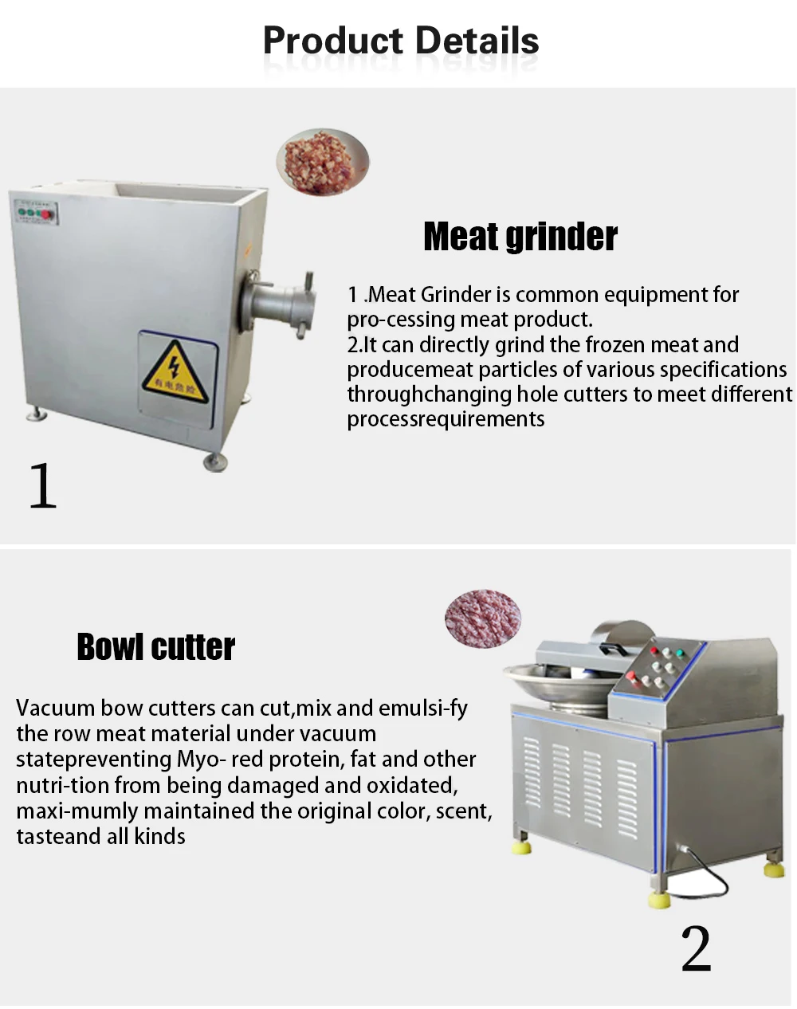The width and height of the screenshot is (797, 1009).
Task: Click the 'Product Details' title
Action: (x=401, y=41)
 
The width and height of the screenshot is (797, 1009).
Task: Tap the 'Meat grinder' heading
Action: (x=520, y=237)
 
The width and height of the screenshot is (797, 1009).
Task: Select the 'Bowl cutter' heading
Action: (x=156, y=646)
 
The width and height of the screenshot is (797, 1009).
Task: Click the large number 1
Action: (x=43, y=485)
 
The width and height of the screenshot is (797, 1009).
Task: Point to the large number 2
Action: (x=696, y=948)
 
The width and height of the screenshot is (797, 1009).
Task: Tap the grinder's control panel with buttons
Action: (x=36, y=213)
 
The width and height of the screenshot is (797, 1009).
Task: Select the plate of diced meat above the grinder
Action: (x=323, y=162)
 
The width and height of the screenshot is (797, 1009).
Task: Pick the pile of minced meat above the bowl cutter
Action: (x=483, y=618)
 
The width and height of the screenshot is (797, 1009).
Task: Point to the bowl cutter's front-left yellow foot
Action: (x=522, y=846)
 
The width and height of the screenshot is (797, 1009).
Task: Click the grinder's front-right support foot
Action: (x=214, y=462)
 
